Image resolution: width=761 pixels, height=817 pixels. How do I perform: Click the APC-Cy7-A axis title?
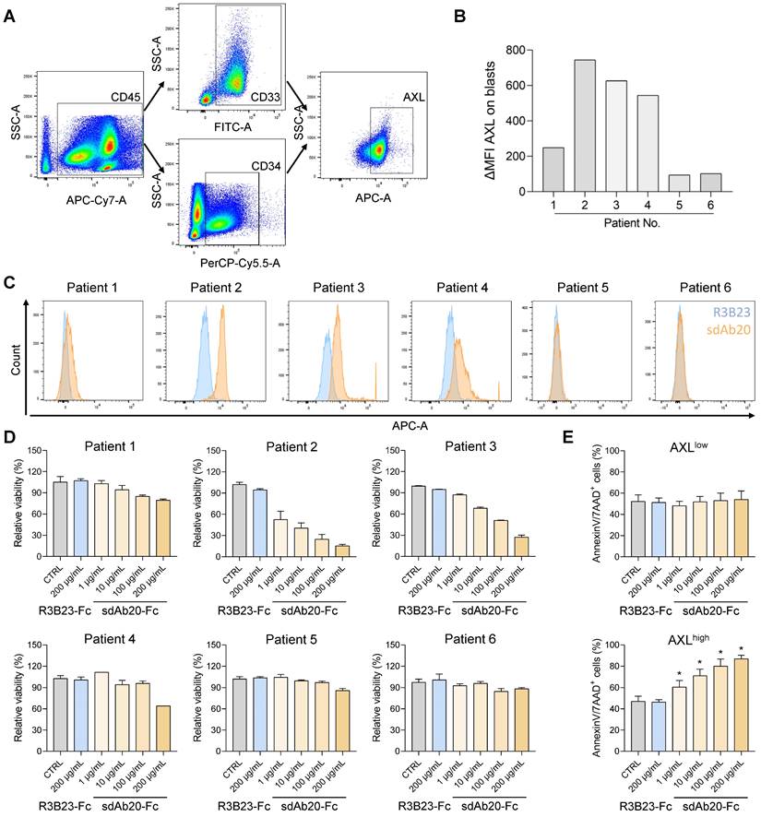click(91, 195)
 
